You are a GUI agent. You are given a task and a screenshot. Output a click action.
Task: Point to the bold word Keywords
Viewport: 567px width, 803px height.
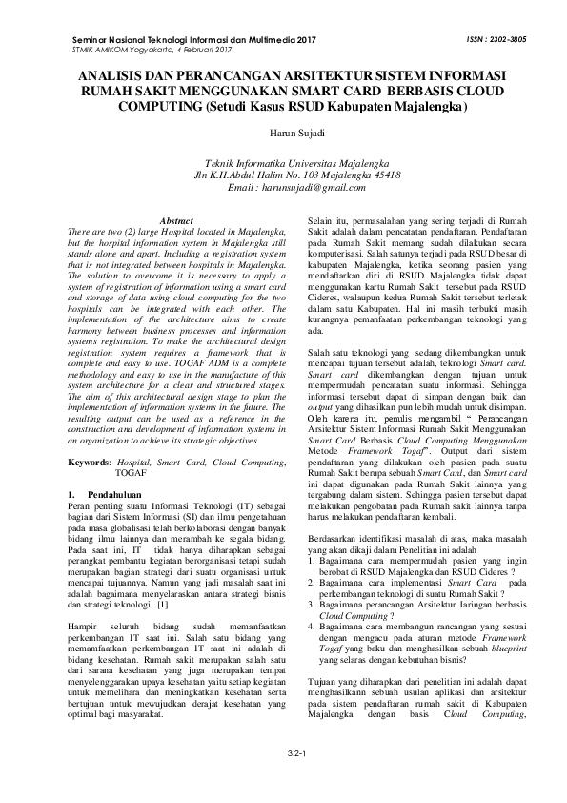[91, 435]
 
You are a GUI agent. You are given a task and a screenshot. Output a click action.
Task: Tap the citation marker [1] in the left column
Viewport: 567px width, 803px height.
[163, 605]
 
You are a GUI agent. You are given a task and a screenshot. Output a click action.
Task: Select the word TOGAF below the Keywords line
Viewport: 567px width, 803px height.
[131, 445]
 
